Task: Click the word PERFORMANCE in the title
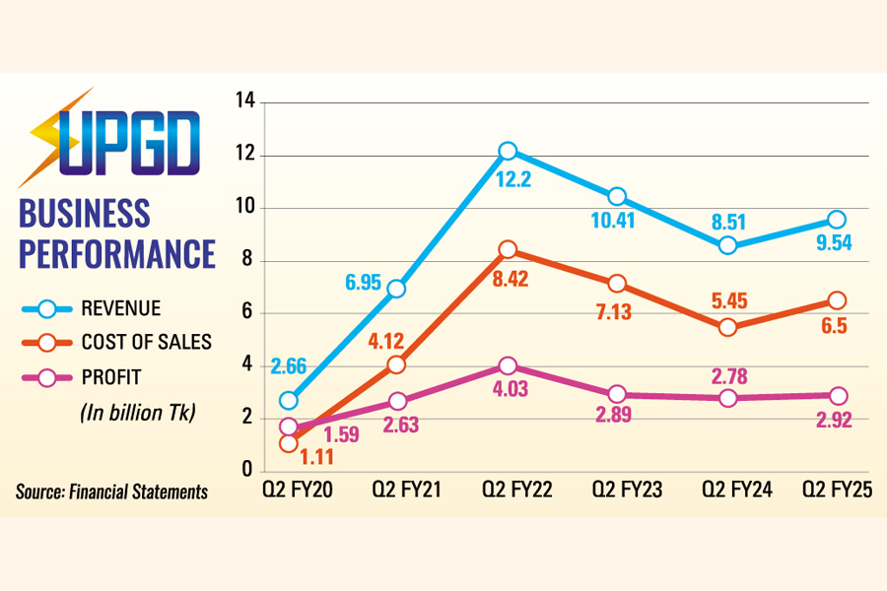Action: (117, 252)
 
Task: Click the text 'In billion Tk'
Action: (138, 413)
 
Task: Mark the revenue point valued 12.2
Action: (508, 151)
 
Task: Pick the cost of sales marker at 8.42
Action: (508, 250)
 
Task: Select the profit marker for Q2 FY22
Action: (508, 365)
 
